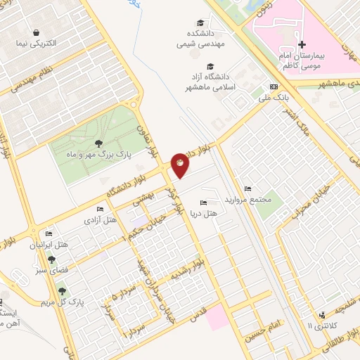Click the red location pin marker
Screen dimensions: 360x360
point(180,166)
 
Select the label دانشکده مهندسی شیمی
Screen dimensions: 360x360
point(201,37)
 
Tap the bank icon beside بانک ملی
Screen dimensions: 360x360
point(274,86)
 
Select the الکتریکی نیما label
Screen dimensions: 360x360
point(36,44)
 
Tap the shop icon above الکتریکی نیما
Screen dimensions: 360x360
point(36,32)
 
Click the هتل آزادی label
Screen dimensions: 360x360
point(101,221)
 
